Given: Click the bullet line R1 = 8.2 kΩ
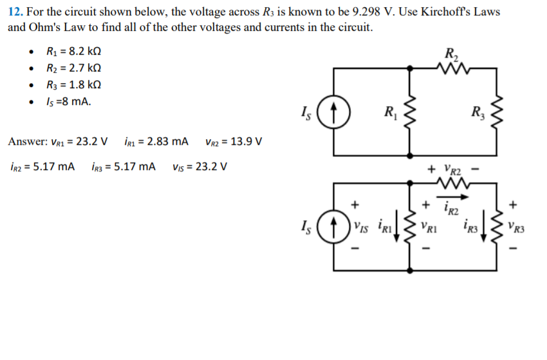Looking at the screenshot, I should [74, 52].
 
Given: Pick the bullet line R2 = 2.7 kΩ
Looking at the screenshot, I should [74, 68].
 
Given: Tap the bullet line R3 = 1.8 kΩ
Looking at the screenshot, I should [74, 85].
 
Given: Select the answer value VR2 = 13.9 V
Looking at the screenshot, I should [233, 142].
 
